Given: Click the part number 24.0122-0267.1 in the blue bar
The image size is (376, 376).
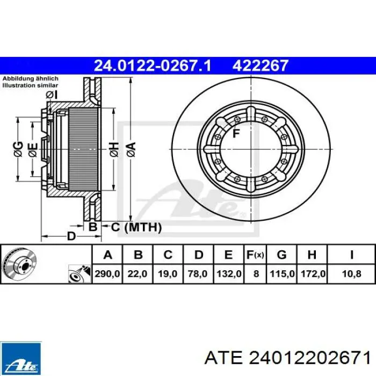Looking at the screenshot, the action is tap(153, 66).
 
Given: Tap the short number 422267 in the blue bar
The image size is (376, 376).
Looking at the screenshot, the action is tap(260, 66).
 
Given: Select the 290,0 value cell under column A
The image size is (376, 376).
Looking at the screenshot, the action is tap(107, 273).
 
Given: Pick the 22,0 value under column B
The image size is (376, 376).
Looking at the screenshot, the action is tap(138, 273).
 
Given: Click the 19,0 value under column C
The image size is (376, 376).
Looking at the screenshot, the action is tap(168, 273).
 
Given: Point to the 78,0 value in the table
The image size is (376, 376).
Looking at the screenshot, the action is tap(198, 273).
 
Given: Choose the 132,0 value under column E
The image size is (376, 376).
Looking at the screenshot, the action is tap(229, 273).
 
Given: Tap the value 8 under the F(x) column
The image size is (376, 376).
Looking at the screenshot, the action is tap(256, 273).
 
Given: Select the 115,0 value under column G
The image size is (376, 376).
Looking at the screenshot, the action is tap(282, 273).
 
